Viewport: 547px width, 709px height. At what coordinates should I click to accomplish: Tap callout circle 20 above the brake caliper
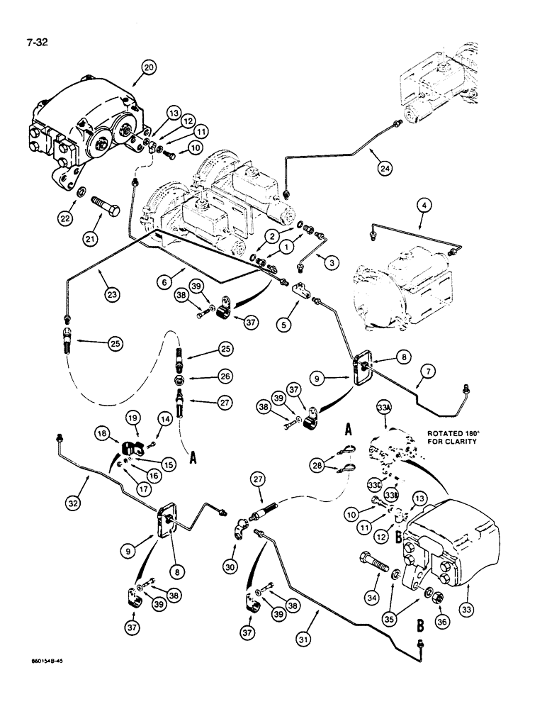(x=148, y=68)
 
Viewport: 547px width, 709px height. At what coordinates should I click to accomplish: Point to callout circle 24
(x=383, y=169)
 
